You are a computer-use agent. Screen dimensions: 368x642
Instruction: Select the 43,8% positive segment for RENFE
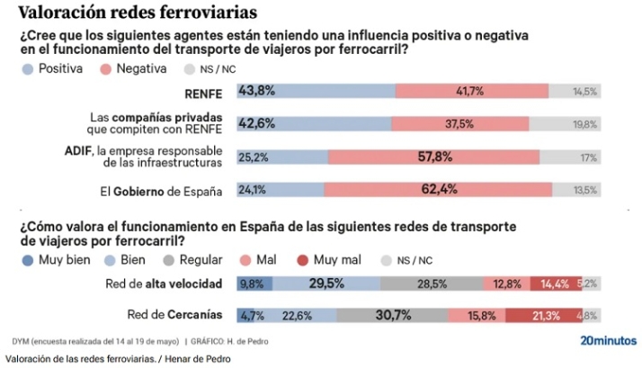point(315,91)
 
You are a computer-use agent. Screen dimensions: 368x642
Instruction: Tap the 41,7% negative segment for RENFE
point(470,91)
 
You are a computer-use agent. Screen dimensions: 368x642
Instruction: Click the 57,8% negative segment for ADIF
point(433,157)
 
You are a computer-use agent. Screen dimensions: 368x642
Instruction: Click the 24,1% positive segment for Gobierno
point(280,190)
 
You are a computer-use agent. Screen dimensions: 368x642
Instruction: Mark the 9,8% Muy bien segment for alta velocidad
point(254,283)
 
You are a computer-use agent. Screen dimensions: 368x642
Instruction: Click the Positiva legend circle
point(27,68)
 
